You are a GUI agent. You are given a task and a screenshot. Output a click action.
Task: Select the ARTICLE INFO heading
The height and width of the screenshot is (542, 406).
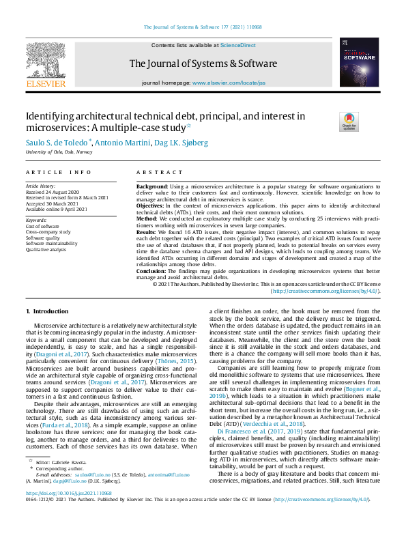pyautogui.click(x=59, y=173)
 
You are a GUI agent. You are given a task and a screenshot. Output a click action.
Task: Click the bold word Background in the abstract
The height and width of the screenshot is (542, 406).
pyautogui.click(x=153, y=186)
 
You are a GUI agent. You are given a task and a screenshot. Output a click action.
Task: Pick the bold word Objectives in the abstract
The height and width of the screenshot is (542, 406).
pyautogui.click(x=152, y=205)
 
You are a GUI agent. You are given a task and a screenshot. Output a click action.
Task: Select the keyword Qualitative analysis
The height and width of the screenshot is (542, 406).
pyautogui.click(x=47, y=251)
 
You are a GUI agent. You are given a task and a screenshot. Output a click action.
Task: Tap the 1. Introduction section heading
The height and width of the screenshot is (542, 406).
pyautogui.click(x=47, y=311)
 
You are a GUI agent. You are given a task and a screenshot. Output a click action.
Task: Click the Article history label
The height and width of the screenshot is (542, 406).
pyautogui.click(x=42, y=186)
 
